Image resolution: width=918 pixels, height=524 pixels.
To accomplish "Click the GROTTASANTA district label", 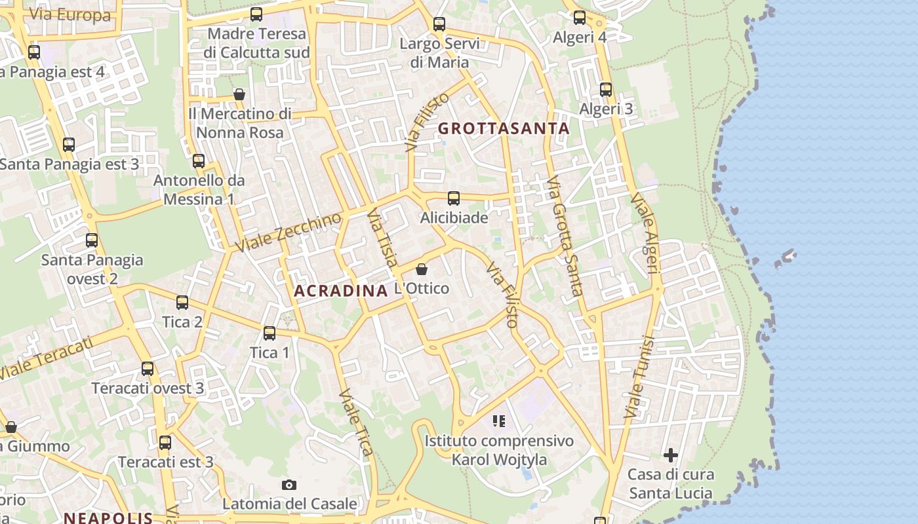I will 504,128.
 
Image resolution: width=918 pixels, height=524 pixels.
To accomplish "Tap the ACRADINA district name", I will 341,291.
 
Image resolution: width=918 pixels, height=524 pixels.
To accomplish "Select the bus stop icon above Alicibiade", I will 453,198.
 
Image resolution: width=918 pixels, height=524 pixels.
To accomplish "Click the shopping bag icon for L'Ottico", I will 422,269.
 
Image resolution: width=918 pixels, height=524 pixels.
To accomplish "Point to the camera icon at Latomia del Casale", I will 289,485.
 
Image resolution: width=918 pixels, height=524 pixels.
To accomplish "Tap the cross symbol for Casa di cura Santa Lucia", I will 670,455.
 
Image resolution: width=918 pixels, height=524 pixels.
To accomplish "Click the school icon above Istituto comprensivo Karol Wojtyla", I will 499,421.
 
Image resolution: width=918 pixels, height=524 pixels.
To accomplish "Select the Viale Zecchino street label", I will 289,233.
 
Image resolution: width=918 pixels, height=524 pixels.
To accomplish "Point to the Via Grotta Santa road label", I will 564,236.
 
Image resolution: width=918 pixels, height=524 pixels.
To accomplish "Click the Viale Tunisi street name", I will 640,378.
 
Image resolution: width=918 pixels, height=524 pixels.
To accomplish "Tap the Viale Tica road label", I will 357,422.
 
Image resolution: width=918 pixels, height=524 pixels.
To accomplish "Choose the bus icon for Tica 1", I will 269,333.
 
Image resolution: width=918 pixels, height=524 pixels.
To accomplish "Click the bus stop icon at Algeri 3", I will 606,90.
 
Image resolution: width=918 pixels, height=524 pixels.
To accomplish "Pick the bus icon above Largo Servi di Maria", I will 439,24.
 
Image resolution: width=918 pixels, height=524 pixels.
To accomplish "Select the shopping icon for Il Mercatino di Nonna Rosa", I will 239,94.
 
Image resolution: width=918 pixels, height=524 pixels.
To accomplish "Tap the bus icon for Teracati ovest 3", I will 148,369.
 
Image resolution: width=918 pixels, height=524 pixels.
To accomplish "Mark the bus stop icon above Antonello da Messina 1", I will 199,160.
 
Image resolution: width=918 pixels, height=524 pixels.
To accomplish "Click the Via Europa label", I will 70,15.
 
